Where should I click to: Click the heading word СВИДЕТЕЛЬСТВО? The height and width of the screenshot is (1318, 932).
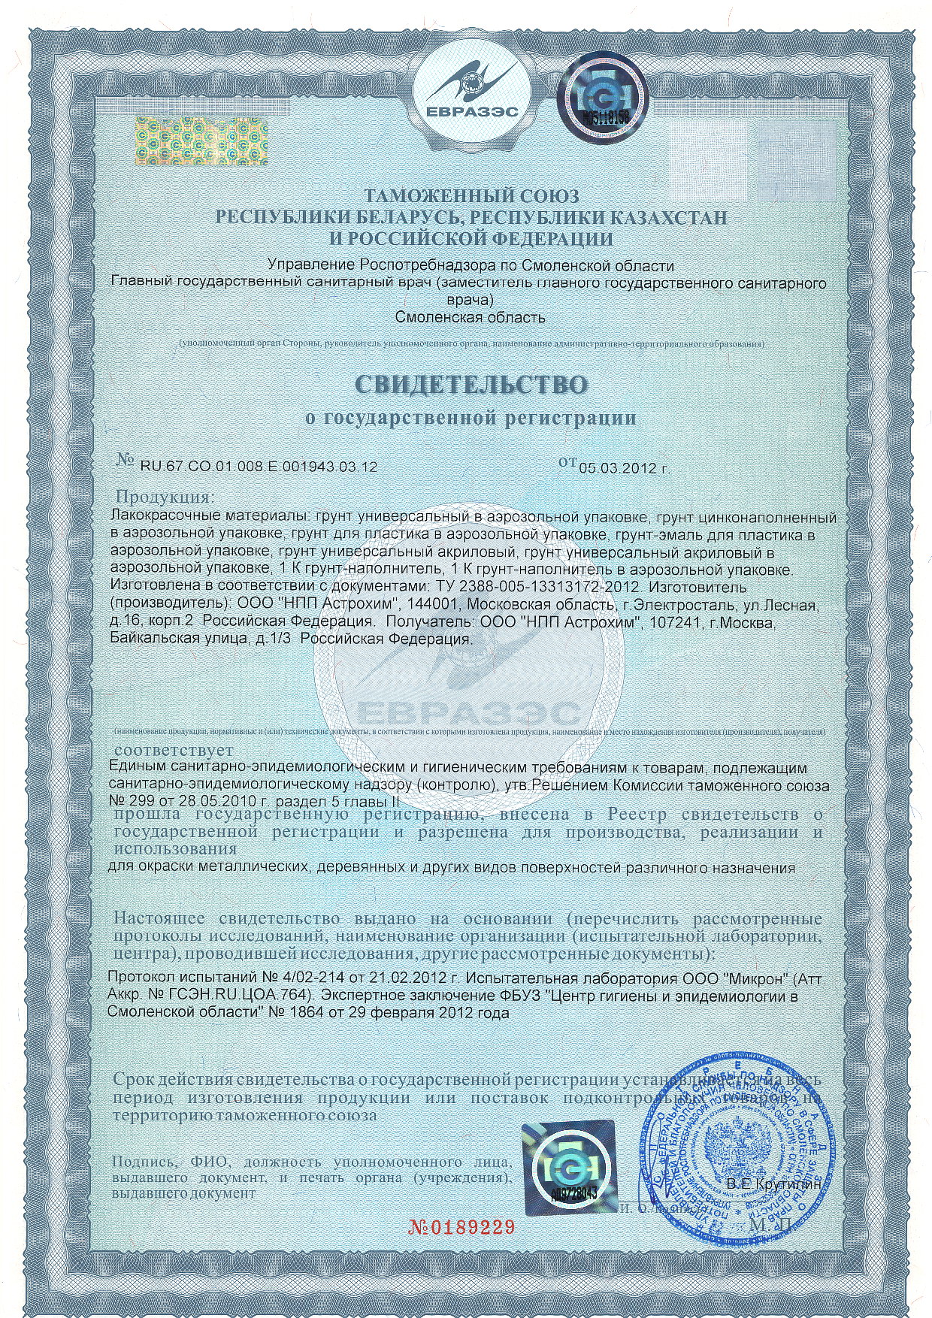coord(471,385)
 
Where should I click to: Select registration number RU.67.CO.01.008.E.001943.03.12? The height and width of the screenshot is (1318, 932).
coord(259,467)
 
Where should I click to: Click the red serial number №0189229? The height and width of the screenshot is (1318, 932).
coord(461,1229)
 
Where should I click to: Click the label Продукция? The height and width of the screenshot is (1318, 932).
coord(165,497)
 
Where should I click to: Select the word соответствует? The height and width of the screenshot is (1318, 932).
coord(174,751)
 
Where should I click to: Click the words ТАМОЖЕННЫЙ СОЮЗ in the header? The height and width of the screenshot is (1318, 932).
coord(471,197)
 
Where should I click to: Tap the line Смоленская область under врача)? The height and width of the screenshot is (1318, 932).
coord(471,317)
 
